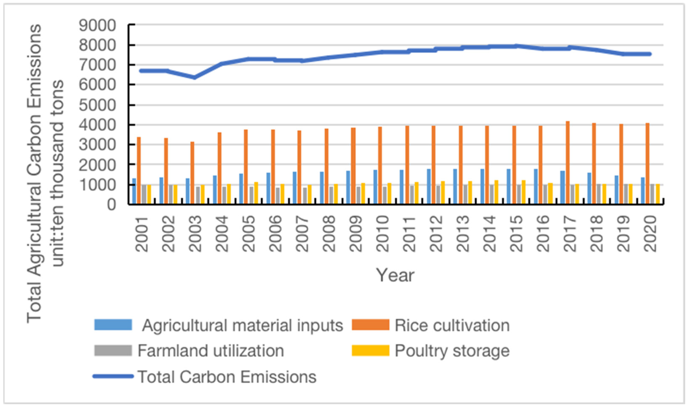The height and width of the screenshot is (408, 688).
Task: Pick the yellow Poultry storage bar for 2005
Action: pos(256,193)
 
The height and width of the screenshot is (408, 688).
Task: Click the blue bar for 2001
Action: pos(134,191)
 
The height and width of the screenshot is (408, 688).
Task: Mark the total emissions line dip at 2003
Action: pos(194,77)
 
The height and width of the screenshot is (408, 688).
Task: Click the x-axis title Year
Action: pos(395,275)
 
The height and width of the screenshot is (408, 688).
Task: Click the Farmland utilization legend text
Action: pos(211,351)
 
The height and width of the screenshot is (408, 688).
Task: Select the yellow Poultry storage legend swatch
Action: pos(371,350)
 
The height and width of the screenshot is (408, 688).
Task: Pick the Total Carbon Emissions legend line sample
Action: pos(113,376)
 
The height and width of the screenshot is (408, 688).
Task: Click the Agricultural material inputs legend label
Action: pos(242,326)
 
